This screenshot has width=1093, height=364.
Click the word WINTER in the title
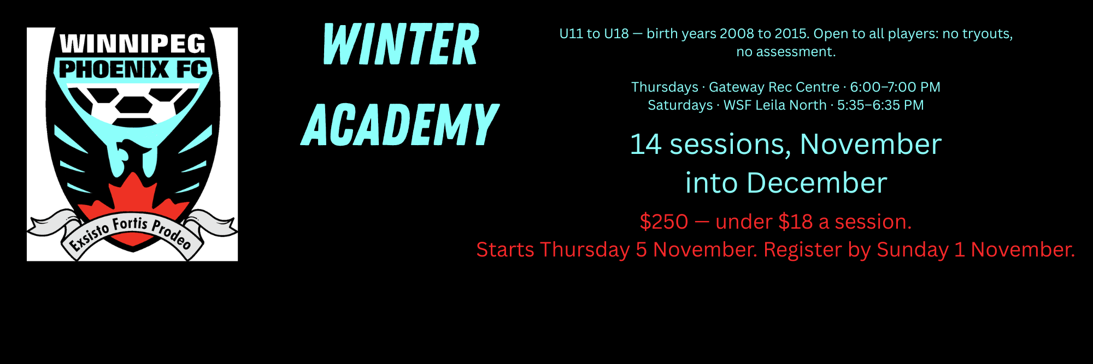401,45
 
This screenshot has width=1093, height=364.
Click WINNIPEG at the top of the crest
133,44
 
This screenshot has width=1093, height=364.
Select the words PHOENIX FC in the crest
133,70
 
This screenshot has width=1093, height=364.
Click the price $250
664,222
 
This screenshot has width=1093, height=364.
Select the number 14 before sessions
646,145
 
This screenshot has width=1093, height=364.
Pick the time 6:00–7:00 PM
895,87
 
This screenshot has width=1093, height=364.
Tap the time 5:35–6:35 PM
880,105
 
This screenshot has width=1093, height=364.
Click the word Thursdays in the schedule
665,87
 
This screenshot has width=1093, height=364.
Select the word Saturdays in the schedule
680,105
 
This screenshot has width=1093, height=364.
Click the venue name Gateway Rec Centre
774,87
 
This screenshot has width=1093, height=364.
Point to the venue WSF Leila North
775,105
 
